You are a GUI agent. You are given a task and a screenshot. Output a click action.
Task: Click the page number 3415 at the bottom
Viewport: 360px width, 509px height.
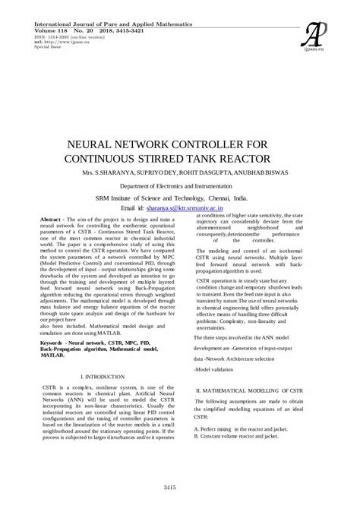[179, 487]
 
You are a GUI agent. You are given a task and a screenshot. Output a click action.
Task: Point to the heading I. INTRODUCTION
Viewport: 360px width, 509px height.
[103, 377]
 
